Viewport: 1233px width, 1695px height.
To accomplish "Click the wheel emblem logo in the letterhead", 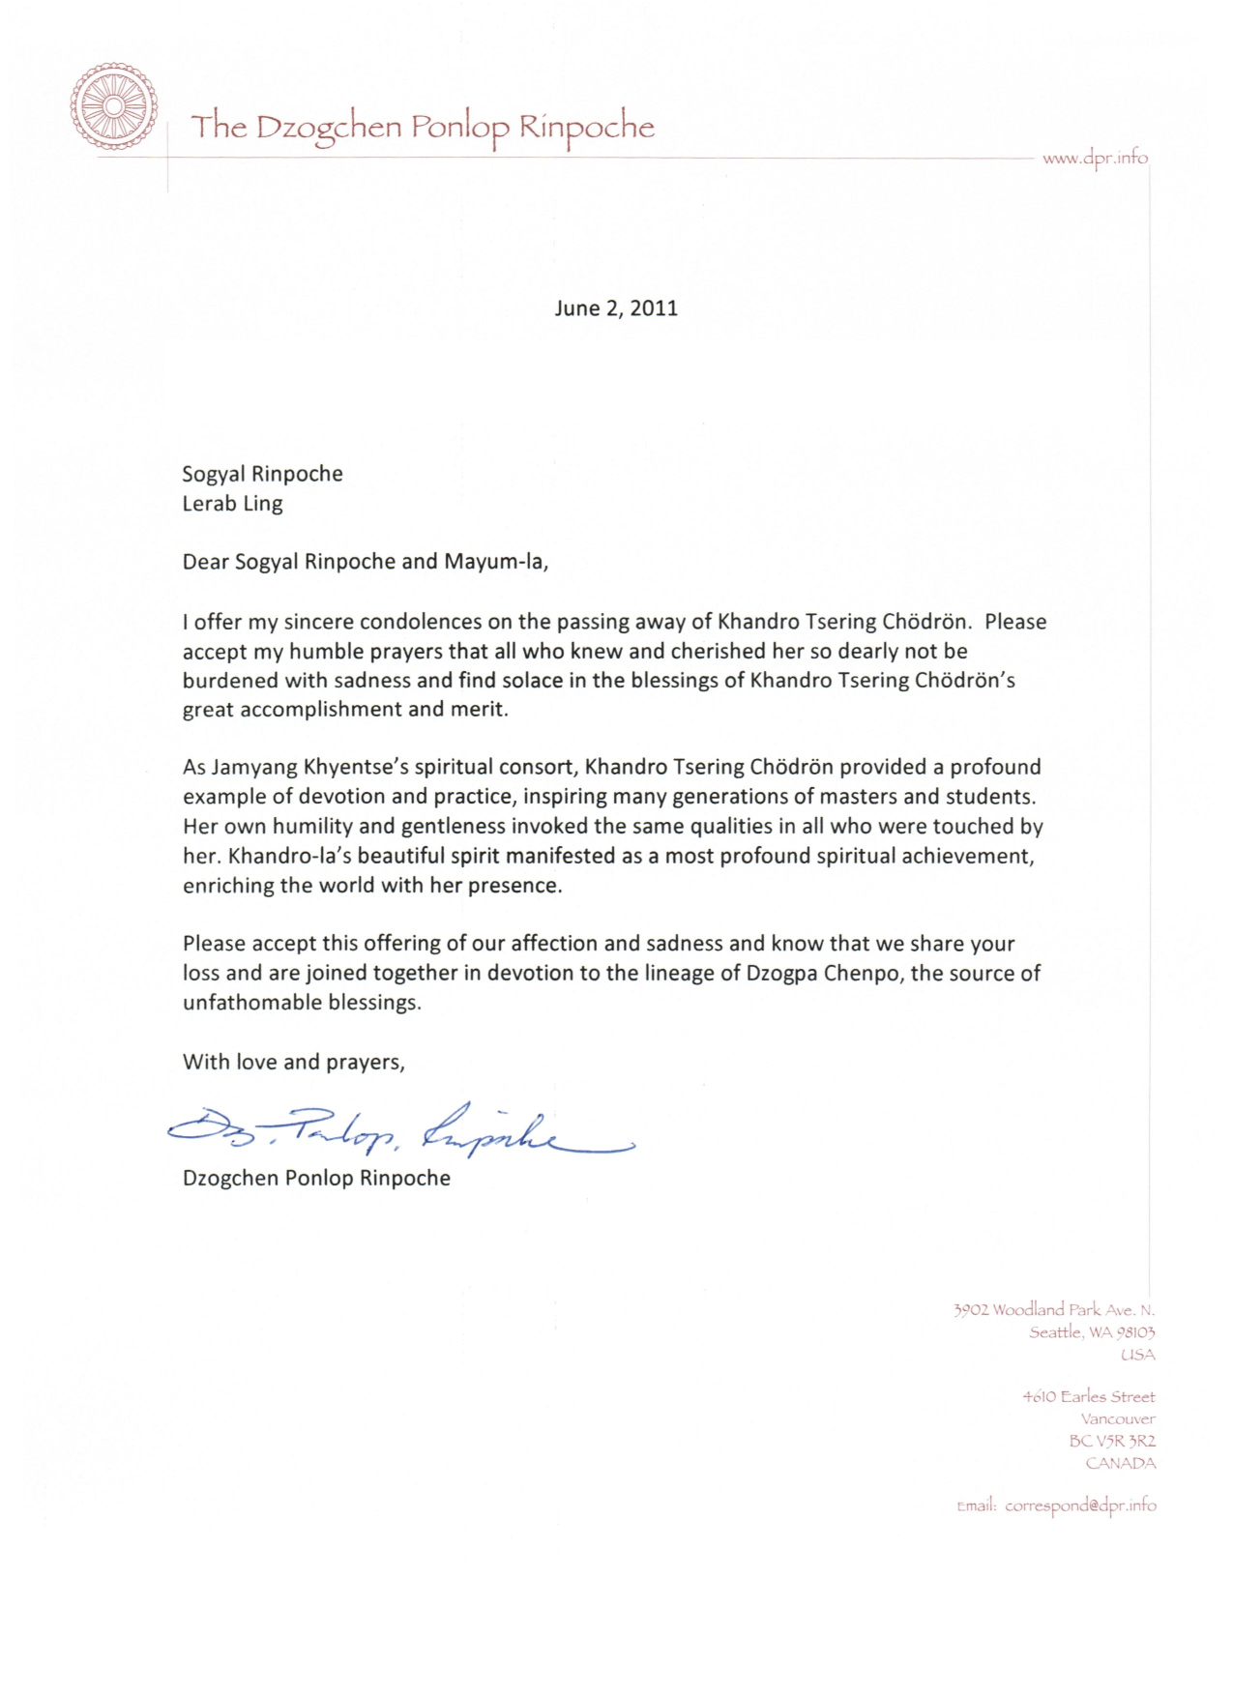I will coord(113,106).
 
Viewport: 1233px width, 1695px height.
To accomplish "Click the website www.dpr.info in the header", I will coord(1095,158).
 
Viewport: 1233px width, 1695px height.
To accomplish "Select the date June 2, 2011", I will coord(616,308).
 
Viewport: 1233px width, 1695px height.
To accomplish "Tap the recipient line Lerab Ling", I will coord(232,504).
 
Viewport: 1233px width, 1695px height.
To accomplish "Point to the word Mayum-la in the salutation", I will coord(495,562).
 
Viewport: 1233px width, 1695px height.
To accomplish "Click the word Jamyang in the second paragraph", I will coord(254,768).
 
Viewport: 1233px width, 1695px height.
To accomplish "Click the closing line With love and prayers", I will coord(293,1062).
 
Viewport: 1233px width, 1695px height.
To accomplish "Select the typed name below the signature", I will coord(316,1179).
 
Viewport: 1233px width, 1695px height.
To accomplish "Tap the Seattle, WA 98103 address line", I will coord(1092,1332).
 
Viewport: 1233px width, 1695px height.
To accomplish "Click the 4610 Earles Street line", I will coord(1088,1397).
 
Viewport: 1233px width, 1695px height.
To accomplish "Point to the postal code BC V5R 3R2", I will coord(1112,1441).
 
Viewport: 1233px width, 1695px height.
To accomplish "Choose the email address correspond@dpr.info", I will coord(1080,1505).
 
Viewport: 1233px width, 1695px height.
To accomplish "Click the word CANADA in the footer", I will coord(1121,1463).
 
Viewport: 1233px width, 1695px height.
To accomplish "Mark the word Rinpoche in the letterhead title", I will coord(587,128).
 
